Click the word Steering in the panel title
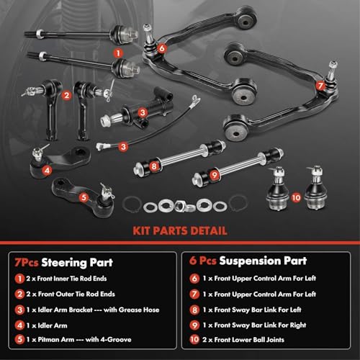click(x=71, y=261)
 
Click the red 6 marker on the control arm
click(x=163, y=48)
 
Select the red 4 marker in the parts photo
click(x=46, y=171)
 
